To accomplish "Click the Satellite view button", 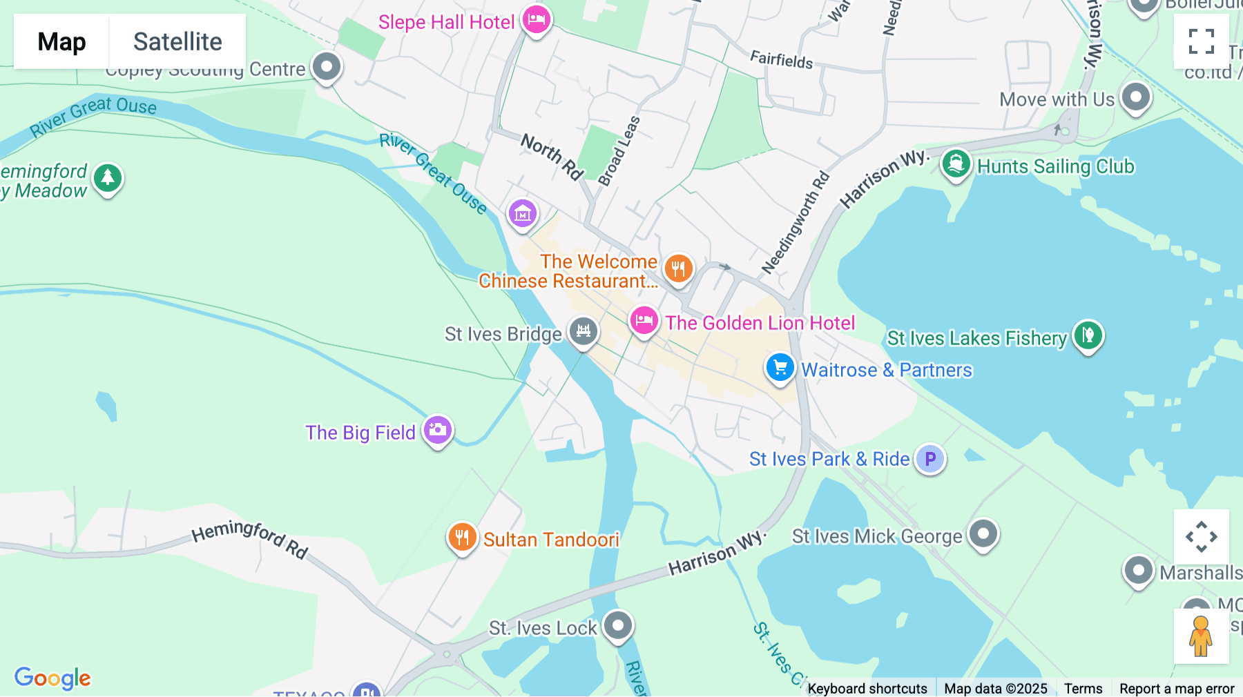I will tap(177, 41).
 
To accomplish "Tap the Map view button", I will tap(61, 41).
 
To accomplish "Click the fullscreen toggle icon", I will tap(1201, 41).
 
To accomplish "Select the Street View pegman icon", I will tap(1201, 636).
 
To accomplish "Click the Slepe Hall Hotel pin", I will tap(536, 19).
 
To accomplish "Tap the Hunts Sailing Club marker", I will tap(956, 165).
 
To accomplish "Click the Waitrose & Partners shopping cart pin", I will tap(780, 367).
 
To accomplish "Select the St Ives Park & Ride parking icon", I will tap(930, 458).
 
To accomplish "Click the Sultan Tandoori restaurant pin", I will tap(462, 538).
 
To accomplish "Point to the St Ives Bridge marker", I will tap(583, 332).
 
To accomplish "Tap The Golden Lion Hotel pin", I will tap(644, 321).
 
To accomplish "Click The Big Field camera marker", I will tap(437, 431).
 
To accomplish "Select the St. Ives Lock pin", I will tap(617, 626).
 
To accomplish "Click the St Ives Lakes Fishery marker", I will tap(1088, 336).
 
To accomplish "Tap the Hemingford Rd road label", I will tap(249, 538).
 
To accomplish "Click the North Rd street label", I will tap(552, 156).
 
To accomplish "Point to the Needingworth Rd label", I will tap(795, 222).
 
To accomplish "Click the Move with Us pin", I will tap(1136, 97).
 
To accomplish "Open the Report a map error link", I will tap(1177, 688).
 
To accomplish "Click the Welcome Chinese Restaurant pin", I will tap(678, 268).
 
